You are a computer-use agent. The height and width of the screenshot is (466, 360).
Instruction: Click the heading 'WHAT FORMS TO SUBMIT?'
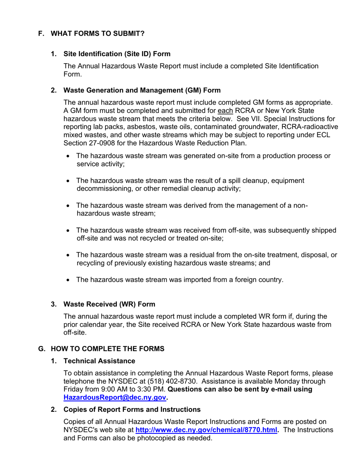97,33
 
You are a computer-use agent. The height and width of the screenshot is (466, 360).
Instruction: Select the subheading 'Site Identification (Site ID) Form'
117,54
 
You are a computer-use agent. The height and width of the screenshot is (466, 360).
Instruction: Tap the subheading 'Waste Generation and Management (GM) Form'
142,90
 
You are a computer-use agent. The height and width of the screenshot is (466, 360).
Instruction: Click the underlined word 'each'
226,111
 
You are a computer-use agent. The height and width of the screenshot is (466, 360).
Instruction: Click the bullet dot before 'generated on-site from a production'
68,156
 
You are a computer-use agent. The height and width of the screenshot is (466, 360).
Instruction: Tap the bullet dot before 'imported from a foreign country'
68,280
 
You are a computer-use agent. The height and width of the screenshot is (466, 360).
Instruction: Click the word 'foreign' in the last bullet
239,280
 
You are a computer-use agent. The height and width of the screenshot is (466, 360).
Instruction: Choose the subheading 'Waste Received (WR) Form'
109,304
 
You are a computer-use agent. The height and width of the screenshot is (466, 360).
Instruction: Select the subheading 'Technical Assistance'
99,361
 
